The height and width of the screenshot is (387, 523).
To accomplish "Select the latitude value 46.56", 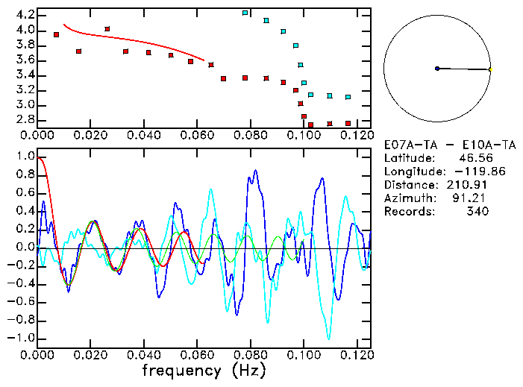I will pyautogui.click(x=471, y=157).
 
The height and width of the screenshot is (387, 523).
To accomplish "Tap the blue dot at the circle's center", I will pyautogui.click(x=437, y=69).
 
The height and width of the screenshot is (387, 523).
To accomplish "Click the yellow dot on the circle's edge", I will pyautogui.click(x=490, y=70).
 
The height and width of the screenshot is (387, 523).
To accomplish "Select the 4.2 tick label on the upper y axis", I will pyautogui.click(x=25, y=15).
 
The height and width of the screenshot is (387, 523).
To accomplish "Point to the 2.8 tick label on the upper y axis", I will pyautogui.click(x=25, y=119).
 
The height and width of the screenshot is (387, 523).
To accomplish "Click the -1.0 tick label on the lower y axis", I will pyautogui.click(x=22, y=338).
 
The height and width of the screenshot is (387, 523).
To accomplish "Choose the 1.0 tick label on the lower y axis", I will pyautogui.click(x=25, y=157).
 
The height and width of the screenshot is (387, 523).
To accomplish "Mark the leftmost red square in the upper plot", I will pyautogui.click(x=57, y=35).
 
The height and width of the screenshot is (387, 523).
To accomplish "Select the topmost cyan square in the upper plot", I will pyautogui.click(x=245, y=13).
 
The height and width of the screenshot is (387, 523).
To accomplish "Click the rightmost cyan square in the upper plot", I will pyautogui.click(x=348, y=97).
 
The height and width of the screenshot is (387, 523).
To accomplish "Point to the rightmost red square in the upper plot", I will pyautogui.click(x=348, y=123).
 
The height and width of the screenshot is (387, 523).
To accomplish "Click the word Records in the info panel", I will pyautogui.click(x=407, y=211).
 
